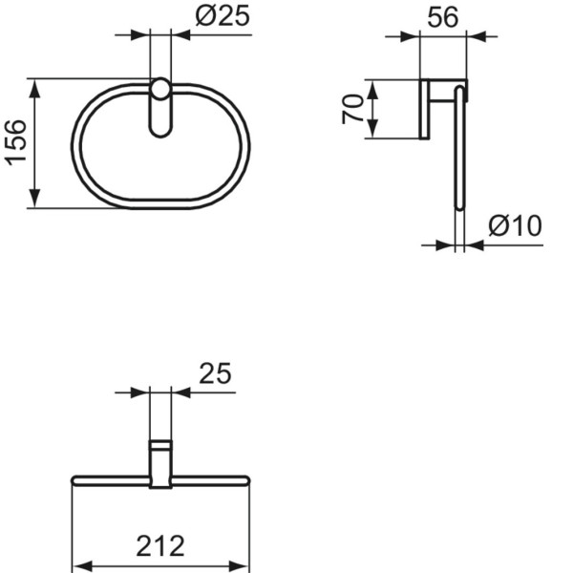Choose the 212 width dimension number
click(x=159, y=546)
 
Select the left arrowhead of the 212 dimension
click(x=80, y=563)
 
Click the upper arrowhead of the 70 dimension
click(x=373, y=87)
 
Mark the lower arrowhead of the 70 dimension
click(x=373, y=131)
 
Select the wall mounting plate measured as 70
click(x=424, y=108)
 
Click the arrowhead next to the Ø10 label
click(x=473, y=244)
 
